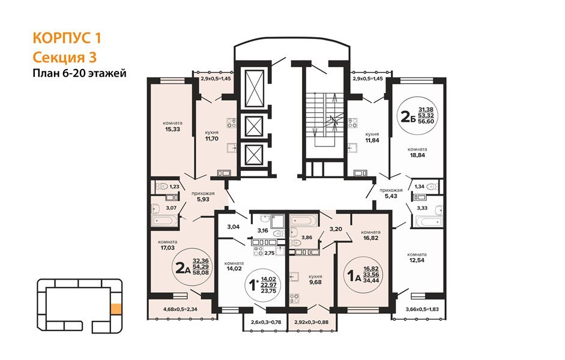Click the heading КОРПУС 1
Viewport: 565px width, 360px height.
67,38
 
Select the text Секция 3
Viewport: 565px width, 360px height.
65,57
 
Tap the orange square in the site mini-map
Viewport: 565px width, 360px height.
116,309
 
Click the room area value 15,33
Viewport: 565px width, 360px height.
172,129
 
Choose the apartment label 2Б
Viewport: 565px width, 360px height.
408,116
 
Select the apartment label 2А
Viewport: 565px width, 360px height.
183,268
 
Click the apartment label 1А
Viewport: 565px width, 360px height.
354,276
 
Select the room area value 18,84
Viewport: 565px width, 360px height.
417,155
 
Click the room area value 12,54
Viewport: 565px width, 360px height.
417,260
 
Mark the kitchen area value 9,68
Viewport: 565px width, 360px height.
315,282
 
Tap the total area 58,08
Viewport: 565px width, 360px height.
201,272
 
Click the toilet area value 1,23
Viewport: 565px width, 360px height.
174,187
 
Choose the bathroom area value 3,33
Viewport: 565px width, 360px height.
422,208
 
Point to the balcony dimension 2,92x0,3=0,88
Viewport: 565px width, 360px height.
311,322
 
